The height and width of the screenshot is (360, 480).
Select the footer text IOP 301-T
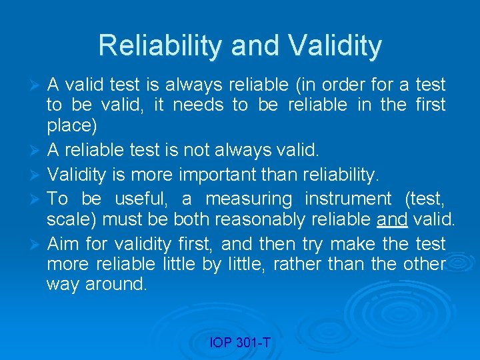[240, 343]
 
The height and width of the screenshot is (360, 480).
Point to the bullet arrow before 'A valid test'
[37, 85]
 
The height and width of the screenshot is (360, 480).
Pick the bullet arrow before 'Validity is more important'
[37, 176]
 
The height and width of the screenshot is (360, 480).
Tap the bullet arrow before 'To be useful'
[37, 199]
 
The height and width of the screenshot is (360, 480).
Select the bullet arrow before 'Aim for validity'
[37, 244]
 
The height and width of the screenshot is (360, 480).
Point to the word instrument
[347, 198]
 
